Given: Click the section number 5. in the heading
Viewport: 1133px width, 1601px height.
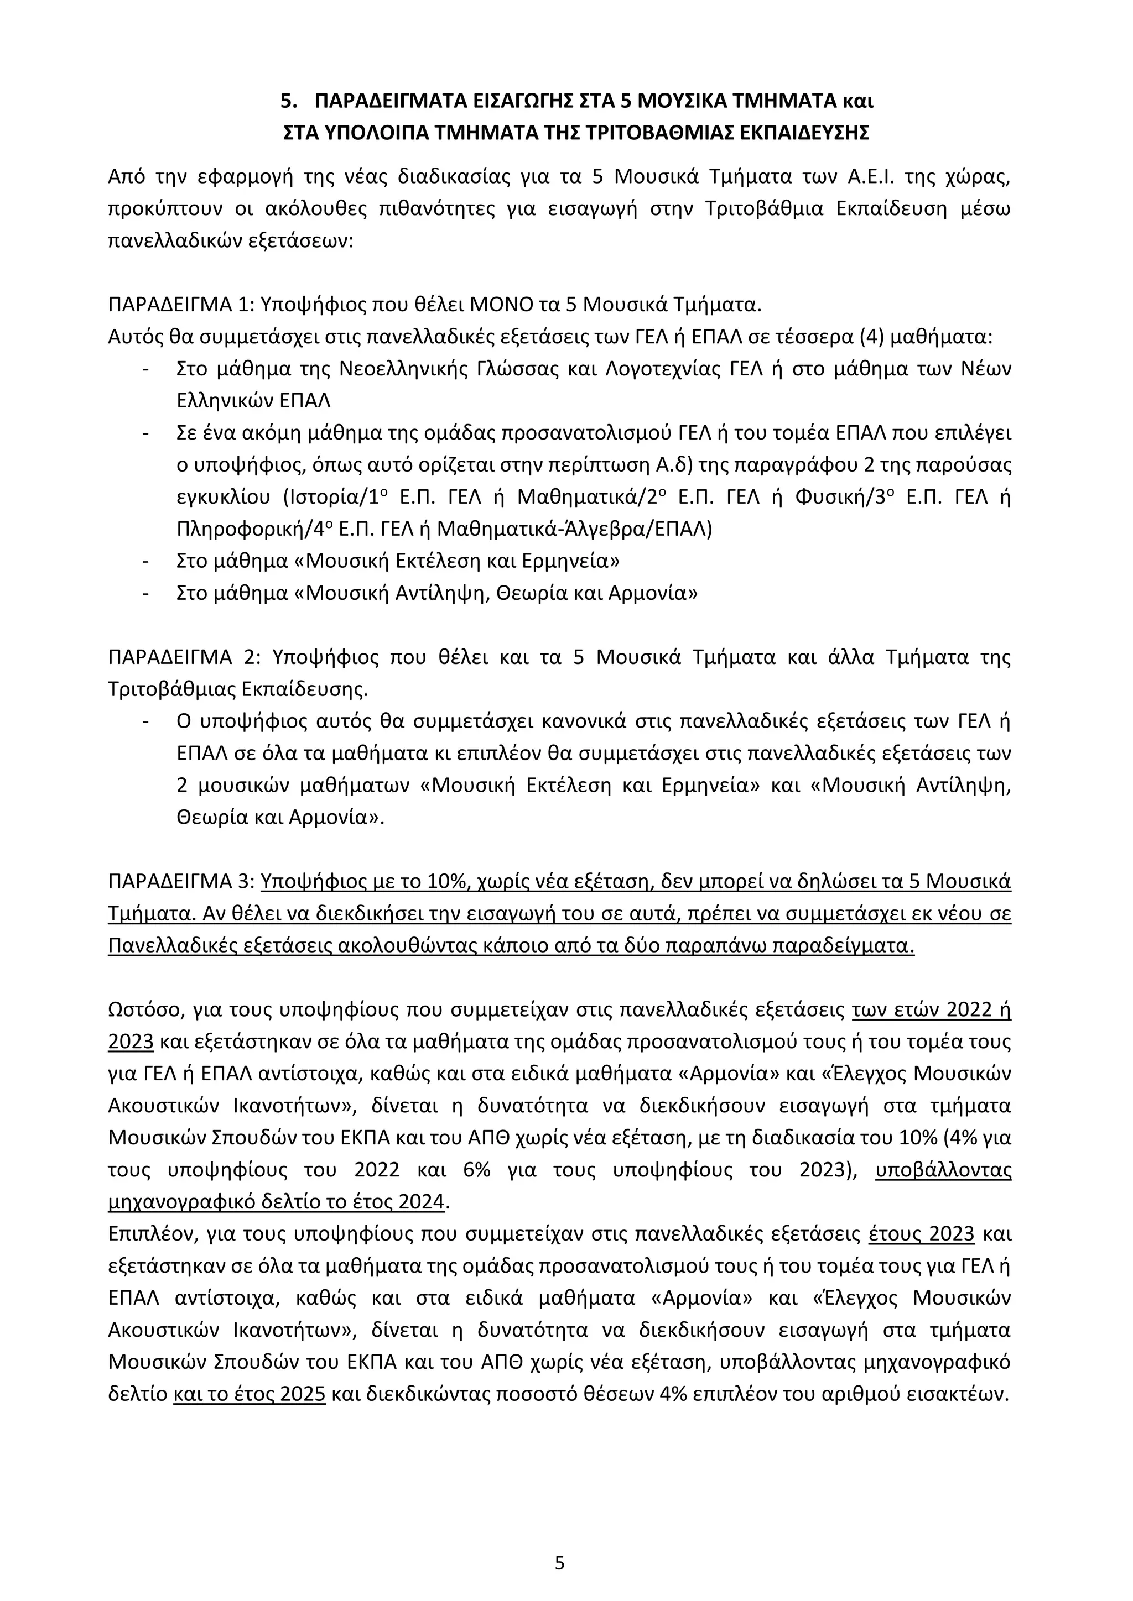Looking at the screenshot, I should pyautogui.click(x=288, y=102).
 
